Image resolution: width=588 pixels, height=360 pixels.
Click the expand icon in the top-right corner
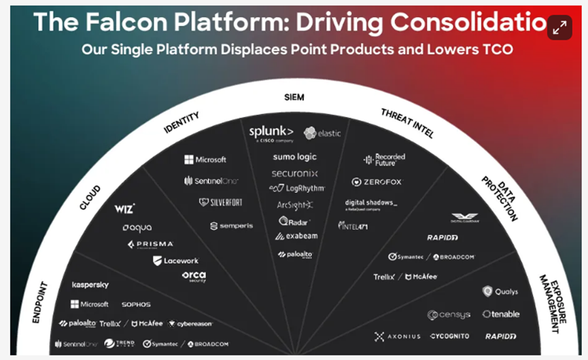pyautogui.click(x=559, y=28)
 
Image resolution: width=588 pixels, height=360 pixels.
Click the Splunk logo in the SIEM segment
pyautogui.click(x=271, y=132)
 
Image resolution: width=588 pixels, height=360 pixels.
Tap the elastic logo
pyautogui.click(x=322, y=133)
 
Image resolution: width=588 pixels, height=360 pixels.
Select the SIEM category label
pyautogui.click(x=294, y=97)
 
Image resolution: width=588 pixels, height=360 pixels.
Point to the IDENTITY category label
pyautogui.click(x=182, y=123)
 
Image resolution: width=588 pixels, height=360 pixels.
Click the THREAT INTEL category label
pyautogui.click(x=407, y=122)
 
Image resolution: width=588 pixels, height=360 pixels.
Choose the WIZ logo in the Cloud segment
pyautogui.click(x=124, y=209)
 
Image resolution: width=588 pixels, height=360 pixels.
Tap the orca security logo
pyautogui.click(x=194, y=276)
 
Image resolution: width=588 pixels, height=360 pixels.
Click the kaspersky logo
pyautogui.click(x=90, y=285)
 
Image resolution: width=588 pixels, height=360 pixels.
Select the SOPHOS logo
pyautogui.click(x=136, y=304)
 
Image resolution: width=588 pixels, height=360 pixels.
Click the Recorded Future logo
pyautogui.click(x=385, y=160)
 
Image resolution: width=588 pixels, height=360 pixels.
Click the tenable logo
pyautogui.click(x=501, y=314)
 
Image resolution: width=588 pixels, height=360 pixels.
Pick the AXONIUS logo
pyautogui.click(x=398, y=336)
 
